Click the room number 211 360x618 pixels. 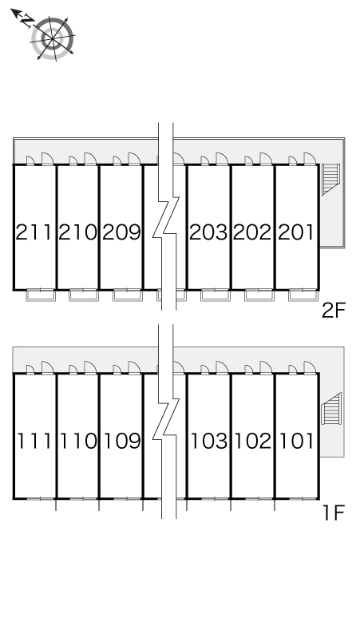coord(34,232)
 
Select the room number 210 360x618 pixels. coord(77,232)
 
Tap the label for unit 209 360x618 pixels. coord(121,232)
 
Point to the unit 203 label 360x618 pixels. coord(209,232)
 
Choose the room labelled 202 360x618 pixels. coord(252,232)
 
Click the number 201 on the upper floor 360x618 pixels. coord(296,232)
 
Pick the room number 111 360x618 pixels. coord(34,441)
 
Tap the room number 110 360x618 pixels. coord(78,441)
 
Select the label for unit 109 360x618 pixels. coord(122,441)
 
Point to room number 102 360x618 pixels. coord(253,441)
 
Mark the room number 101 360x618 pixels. coord(297,441)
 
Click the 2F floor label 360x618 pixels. coord(334,311)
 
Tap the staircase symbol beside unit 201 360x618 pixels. coord(330,180)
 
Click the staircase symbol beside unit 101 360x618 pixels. coord(330,409)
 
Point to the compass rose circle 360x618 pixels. coord(53,38)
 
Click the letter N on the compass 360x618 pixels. coord(27,20)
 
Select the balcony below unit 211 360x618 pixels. coord(41,295)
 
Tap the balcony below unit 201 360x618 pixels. coord(303,295)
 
